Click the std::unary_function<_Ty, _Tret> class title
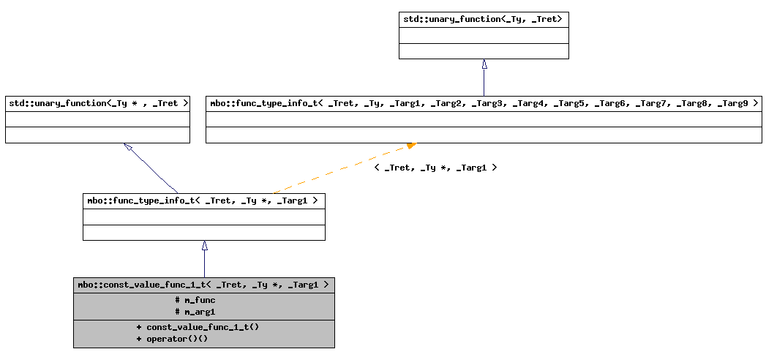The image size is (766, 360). tap(483, 19)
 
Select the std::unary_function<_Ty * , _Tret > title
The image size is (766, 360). tap(97, 104)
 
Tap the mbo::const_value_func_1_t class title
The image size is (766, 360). tap(203, 285)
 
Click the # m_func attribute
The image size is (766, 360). tap(195, 300)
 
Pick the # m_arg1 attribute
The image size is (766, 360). tap(195, 312)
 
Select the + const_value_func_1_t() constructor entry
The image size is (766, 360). tap(198, 327)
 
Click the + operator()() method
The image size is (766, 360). tap(173, 339)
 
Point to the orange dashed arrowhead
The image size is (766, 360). tap(411, 146)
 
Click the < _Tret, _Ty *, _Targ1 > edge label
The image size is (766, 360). tap(435, 168)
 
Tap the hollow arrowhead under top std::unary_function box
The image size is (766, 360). tap(484, 64)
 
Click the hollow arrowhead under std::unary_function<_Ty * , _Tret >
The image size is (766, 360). tap(128, 147)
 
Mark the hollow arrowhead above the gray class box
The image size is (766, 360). tap(205, 246)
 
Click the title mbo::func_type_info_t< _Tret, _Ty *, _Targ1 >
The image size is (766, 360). tap(203, 200)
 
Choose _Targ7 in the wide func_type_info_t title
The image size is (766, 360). tap(650, 104)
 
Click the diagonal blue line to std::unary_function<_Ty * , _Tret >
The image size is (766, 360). tap(154, 171)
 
